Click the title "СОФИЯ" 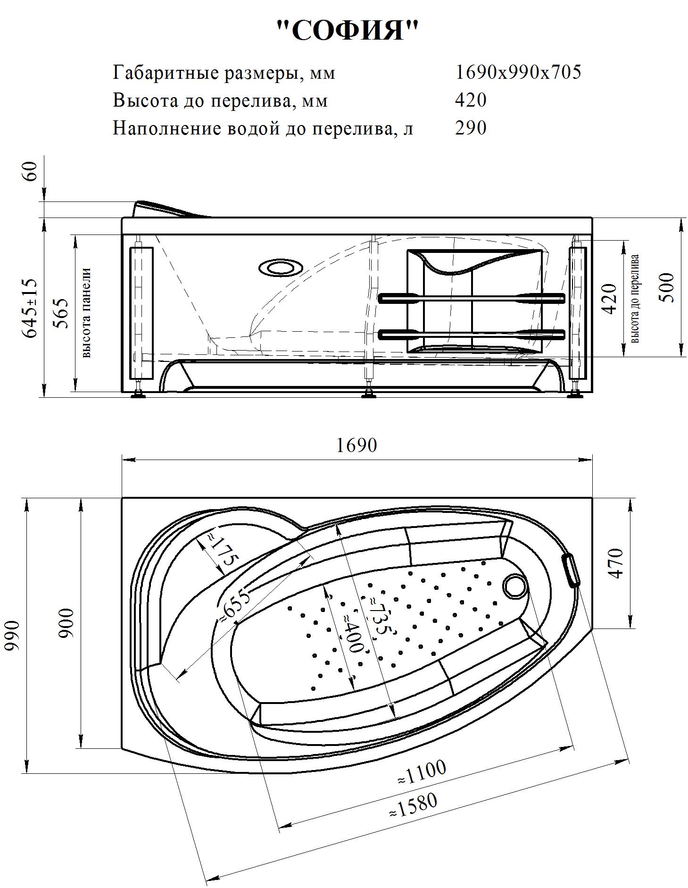click(x=347, y=30)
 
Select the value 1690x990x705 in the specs click(x=518, y=72)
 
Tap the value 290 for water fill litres click(x=470, y=128)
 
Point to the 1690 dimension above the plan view click(x=356, y=445)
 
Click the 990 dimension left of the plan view click(x=13, y=635)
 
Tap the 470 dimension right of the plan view click(x=617, y=563)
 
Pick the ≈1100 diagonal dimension click(x=422, y=772)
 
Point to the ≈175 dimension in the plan click(x=222, y=551)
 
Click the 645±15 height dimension click(x=29, y=308)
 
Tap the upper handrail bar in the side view click(x=472, y=298)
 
